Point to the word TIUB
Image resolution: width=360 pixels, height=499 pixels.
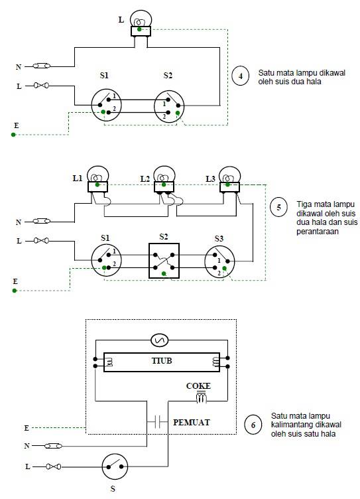tap(162, 360)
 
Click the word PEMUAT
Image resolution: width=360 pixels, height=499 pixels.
tap(192, 422)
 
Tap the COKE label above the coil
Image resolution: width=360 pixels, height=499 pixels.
tap(198, 386)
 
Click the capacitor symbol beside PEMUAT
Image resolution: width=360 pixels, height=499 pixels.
tap(157, 422)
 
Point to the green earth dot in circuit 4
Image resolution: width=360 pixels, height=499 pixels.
tap(13, 135)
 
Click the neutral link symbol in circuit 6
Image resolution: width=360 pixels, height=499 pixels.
tap(53, 446)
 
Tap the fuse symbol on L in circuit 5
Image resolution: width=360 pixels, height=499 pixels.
tap(41, 241)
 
